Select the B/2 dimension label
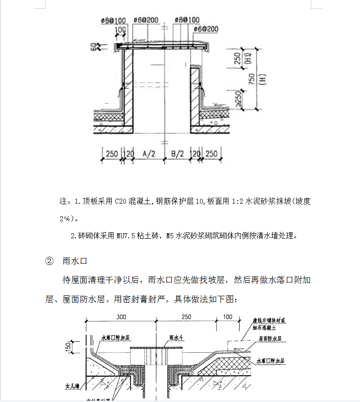(177, 154)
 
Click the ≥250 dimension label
(238, 99)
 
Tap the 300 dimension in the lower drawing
(121, 317)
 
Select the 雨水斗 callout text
(177, 338)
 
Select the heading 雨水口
(74, 261)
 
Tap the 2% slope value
(65, 218)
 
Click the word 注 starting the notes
(63, 202)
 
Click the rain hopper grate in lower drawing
(157, 356)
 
